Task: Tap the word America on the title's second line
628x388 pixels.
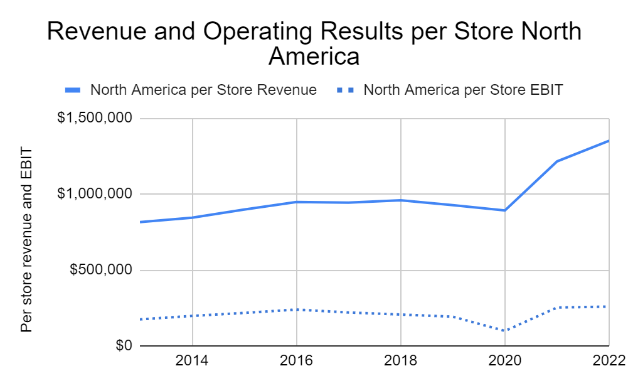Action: pos(314,57)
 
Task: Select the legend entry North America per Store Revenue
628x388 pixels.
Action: pos(203,90)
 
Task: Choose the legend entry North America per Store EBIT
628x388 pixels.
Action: pos(463,90)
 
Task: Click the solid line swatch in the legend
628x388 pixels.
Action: pos(73,90)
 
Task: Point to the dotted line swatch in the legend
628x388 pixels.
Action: pos(347,90)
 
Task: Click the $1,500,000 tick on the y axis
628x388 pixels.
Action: pos(94,119)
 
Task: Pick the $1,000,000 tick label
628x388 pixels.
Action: pos(94,195)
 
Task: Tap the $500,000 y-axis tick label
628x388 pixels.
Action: pos(99,271)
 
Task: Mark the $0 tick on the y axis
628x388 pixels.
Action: pos(122,346)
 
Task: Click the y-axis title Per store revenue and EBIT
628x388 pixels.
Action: pos(26,240)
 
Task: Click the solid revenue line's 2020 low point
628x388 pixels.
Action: pos(504,210)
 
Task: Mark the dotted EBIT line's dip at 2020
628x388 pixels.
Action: pos(504,330)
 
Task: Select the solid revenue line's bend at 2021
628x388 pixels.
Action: pos(556,161)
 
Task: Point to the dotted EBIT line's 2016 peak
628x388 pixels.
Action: pos(296,310)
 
